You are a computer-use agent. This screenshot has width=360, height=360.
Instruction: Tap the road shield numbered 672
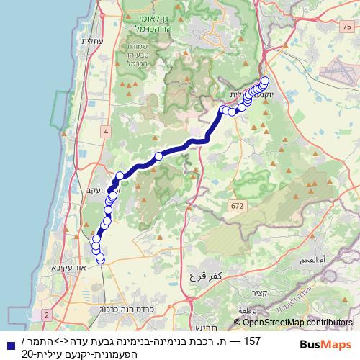tap(236, 206)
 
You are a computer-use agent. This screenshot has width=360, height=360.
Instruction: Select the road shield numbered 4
tap(106, 130)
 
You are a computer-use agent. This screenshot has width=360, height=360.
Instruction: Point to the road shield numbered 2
tap(47, 315)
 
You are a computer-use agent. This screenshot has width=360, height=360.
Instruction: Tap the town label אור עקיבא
tap(65, 266)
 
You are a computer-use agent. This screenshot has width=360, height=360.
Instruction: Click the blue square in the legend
tap(9, 346)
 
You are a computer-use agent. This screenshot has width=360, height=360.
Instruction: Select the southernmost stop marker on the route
tap(100, 258)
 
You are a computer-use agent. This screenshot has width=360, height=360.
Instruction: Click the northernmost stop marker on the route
tap(264, 81)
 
